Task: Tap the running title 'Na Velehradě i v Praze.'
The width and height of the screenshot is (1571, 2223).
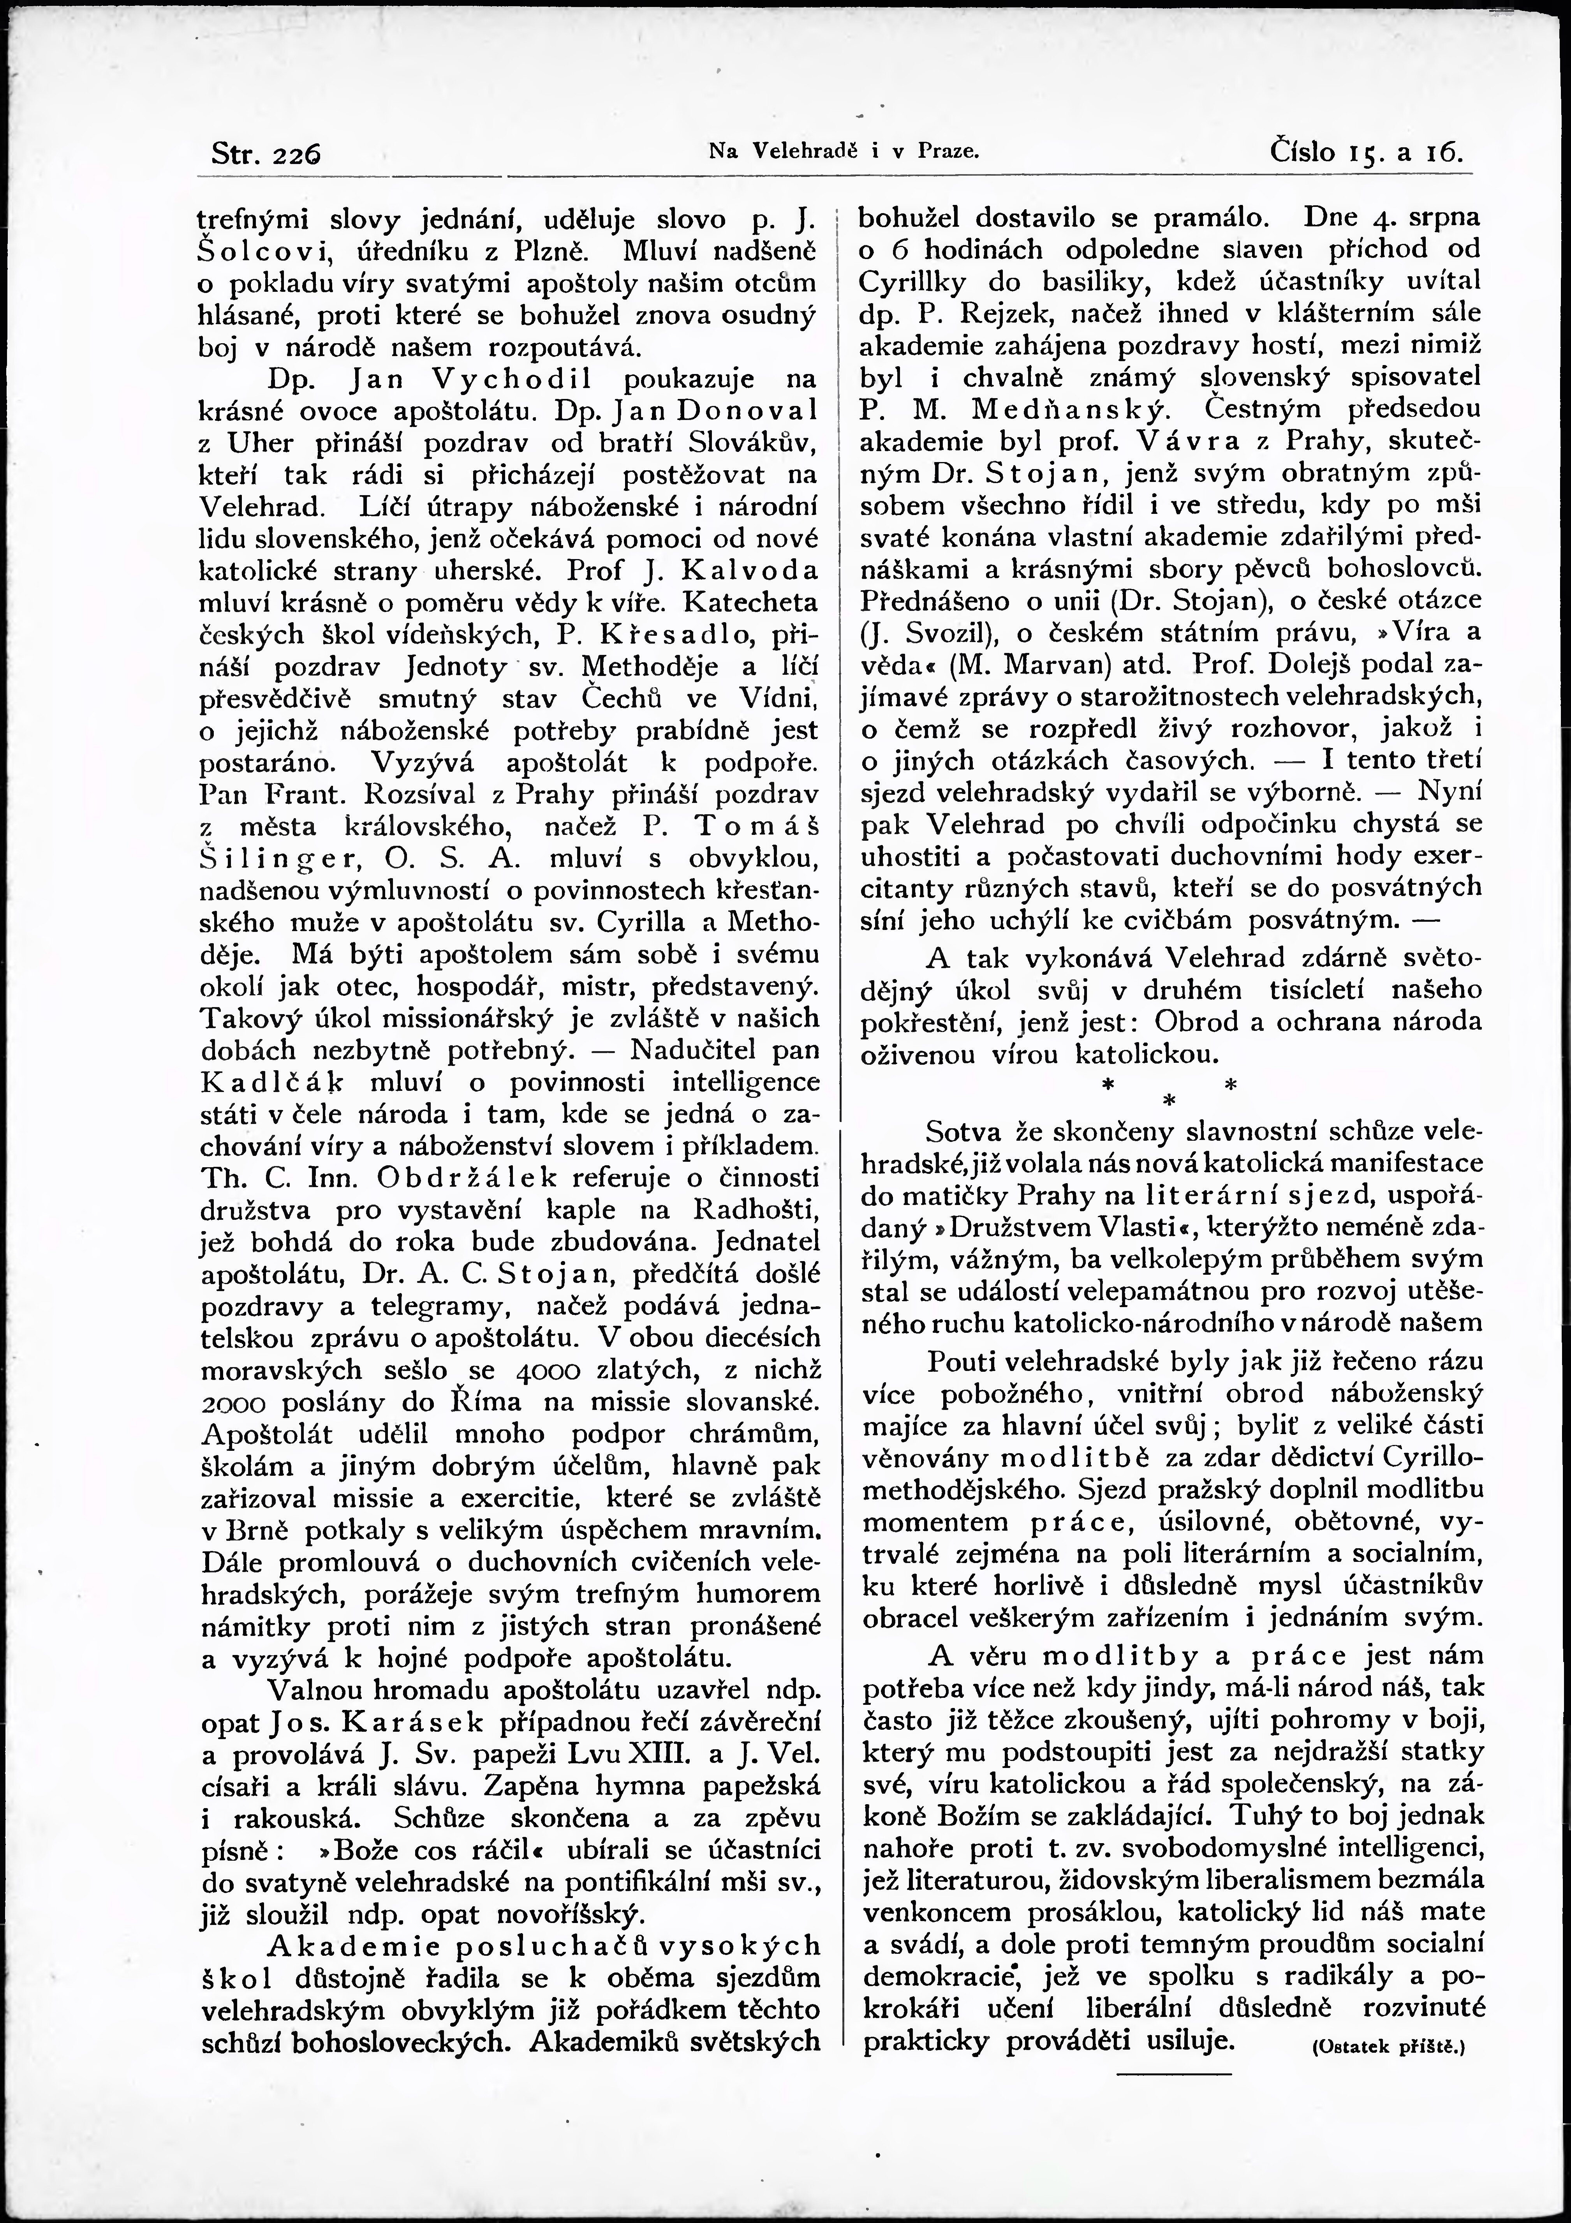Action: [x=845, y=152]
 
